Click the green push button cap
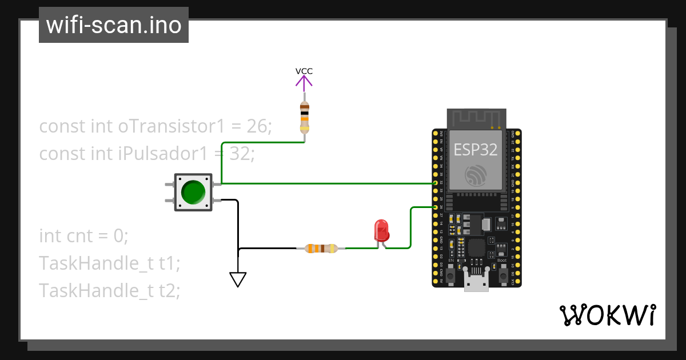193,193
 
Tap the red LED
381,231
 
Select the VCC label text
304,71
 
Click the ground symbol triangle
238,279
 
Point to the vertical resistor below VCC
305,117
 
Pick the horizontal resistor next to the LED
321,248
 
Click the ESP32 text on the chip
475,150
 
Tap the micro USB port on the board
476,283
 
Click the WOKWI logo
607,315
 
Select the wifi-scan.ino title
114,25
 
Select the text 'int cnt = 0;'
84,235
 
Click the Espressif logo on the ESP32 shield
475,175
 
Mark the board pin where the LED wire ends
436,207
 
